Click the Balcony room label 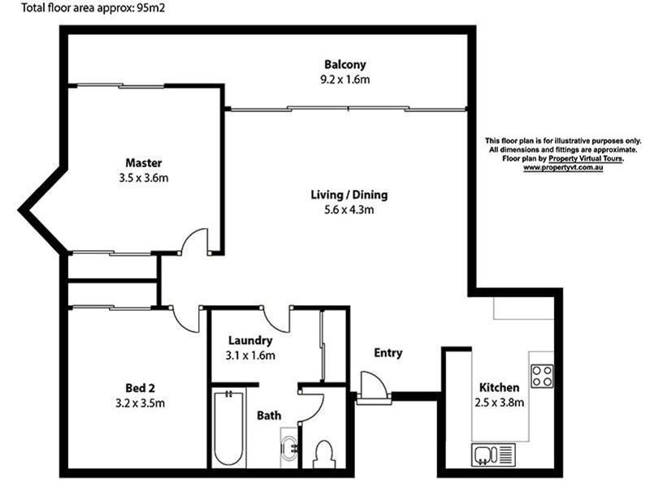pyautogui.click(x=345, y=65)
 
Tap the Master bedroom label pyautogui.click(x=143, y=162)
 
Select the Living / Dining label pyautogui.click(x=349, y=195)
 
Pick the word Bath pyautogui.click(x=269, y=416)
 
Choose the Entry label pyautogui.click(x=388, y=353)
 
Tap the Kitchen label pyautogui.click(x=499, y=387)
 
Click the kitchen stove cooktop pyautogui.click(x=542, y=376)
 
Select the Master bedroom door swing pyautogui.click(x=196, y=241)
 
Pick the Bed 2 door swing pyautogui.click(x=186, y=318)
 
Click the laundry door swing pyautogui.click(x=277, y=318)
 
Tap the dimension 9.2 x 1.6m pyautogui.click(x=345, y=80)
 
